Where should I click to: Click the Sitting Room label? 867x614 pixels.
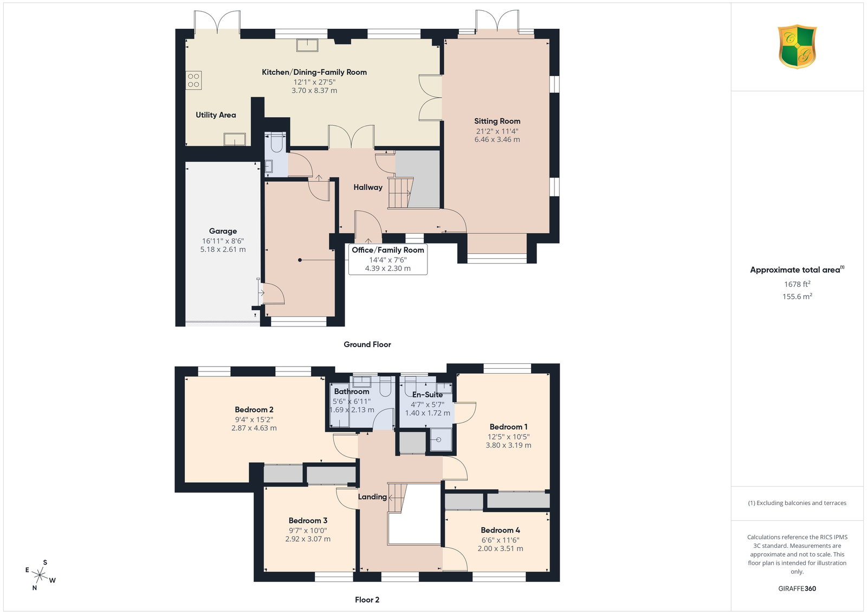497,121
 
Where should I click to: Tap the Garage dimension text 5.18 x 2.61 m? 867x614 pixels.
223,250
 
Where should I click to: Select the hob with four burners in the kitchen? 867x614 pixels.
193,80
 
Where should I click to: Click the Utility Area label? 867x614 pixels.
216,115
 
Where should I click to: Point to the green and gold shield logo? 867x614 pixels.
797,47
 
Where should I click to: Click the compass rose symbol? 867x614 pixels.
40,575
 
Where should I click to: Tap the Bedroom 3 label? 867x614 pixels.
308,521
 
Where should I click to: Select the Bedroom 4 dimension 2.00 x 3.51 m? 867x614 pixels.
501,548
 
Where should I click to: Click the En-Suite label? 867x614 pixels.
428,395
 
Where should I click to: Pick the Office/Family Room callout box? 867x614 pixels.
388,259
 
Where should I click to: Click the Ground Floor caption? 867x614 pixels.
367,344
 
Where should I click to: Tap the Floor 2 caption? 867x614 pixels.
367,600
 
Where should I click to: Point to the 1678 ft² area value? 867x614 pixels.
797,284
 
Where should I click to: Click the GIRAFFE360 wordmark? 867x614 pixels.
797,589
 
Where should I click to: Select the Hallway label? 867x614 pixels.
368,188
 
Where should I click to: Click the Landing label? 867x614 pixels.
372,497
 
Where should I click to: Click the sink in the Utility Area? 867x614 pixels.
235,139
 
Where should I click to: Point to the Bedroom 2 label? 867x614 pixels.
254,410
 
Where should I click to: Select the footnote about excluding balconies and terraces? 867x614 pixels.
797,503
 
